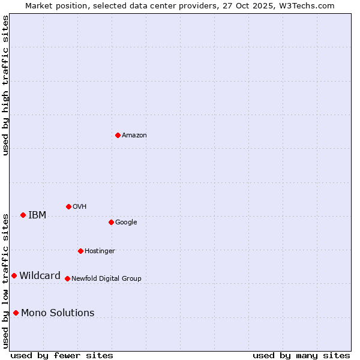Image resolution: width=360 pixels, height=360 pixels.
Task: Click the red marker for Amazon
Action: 118,135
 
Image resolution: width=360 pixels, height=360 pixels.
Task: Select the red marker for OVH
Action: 68,206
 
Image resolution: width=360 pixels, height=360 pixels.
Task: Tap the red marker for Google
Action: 111,222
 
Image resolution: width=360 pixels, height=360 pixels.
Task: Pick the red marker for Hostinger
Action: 80,251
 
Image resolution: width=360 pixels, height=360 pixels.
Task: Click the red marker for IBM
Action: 23,215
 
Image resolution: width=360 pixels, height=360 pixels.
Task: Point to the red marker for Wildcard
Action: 14,275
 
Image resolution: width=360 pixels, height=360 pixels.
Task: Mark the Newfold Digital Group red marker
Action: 67,278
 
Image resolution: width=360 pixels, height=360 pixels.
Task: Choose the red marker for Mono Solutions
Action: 16,313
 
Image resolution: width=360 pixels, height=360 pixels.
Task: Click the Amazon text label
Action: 134,136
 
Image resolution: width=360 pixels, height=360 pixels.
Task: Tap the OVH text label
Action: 80,207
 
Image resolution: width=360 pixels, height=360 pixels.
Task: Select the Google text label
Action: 126,223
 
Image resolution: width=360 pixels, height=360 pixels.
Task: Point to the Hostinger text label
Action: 100,251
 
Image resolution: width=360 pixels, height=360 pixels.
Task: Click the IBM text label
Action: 37,215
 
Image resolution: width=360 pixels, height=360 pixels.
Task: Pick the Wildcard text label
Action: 40,276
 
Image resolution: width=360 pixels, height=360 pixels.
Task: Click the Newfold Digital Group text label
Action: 106,279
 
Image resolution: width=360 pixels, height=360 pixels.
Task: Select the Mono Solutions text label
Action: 58,313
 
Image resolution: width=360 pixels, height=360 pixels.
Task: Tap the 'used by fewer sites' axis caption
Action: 62,355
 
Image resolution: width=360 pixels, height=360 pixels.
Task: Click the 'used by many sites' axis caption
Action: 301,355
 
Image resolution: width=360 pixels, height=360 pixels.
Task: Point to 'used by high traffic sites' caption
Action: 5,85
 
